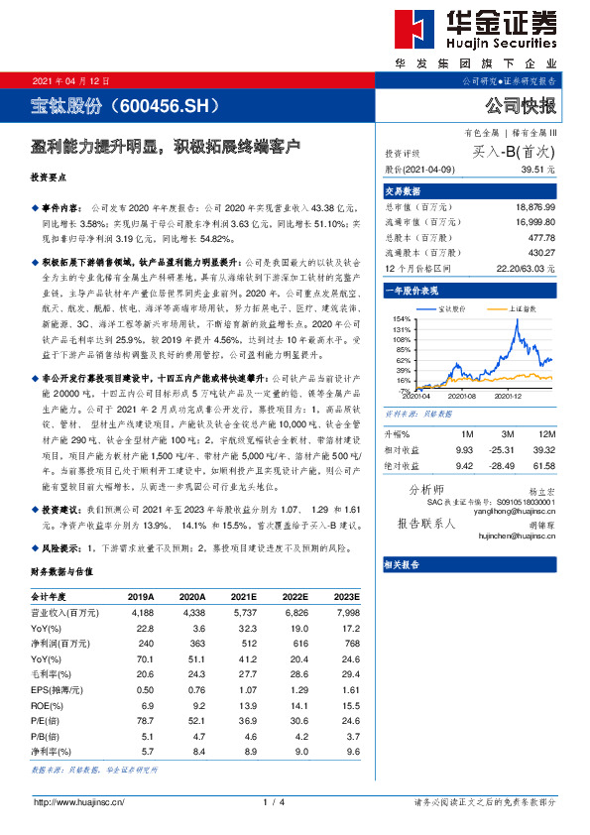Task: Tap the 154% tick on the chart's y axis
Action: (402, 319)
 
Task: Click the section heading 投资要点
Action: (49, 179)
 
